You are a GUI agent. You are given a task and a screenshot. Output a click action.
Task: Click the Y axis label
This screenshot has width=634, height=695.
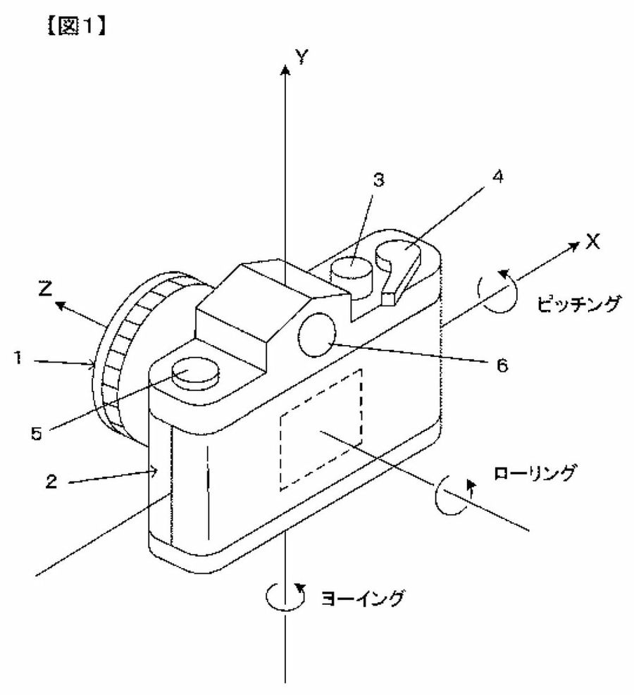point(302,56)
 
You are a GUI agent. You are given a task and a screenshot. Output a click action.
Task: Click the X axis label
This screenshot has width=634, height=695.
point(592,242)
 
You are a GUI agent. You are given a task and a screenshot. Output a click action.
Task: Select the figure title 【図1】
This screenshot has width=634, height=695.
point(76,27)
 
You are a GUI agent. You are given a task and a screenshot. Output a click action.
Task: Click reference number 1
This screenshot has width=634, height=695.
point(18,357)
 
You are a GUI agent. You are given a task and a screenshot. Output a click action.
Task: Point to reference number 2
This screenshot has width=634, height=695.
point(51,482)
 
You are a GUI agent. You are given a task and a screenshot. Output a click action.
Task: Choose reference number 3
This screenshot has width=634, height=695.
point(378,180)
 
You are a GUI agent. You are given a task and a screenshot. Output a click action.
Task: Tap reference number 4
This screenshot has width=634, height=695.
point(498,177)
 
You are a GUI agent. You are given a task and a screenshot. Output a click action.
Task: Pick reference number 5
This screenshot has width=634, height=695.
point(37,433)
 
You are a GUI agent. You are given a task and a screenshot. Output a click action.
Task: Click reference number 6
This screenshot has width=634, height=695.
point(502,365)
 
